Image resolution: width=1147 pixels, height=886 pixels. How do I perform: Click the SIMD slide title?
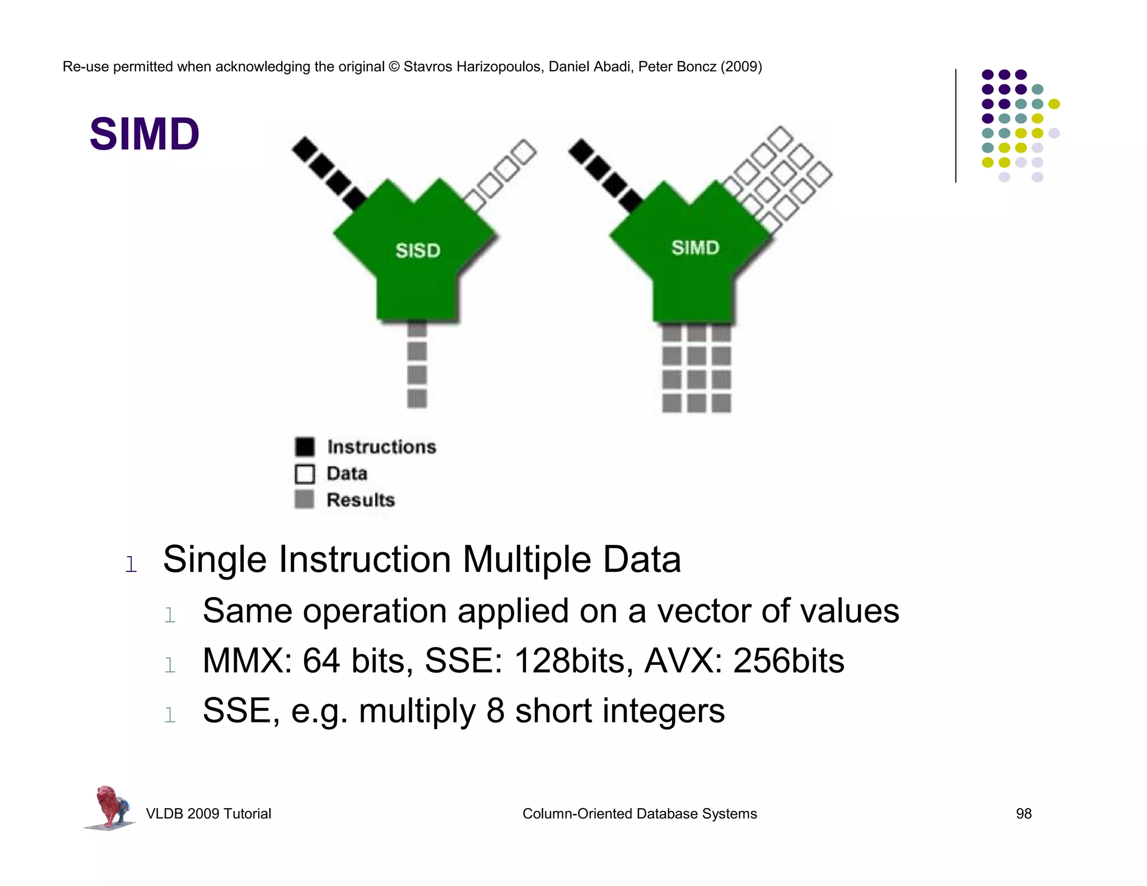pos(144,134)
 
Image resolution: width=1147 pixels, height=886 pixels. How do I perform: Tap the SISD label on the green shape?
pos(418,250)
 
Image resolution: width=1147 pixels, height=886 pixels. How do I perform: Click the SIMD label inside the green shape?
pos(695,248)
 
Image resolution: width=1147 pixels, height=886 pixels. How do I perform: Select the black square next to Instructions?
pos(305,447)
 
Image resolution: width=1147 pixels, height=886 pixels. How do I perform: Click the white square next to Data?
pos(305,474)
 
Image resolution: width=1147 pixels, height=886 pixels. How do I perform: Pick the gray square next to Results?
pos(304,499)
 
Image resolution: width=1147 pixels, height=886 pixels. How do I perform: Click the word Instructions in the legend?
pos(381,447)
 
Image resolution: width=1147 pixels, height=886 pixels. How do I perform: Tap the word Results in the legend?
pos(361,500)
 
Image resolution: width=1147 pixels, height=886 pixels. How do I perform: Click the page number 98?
pos(1023,814)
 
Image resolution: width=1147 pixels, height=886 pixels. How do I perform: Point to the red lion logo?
pos(110,806)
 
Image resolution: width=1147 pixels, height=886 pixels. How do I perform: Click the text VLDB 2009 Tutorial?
pos(208,814)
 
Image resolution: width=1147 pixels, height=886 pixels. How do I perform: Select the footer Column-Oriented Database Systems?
pos(640,814)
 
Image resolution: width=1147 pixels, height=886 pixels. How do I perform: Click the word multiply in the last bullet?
pos(417,711)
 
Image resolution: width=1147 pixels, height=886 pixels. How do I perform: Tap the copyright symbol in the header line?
pos(394,67)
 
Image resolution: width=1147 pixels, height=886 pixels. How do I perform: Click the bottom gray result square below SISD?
pos(417,399)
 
